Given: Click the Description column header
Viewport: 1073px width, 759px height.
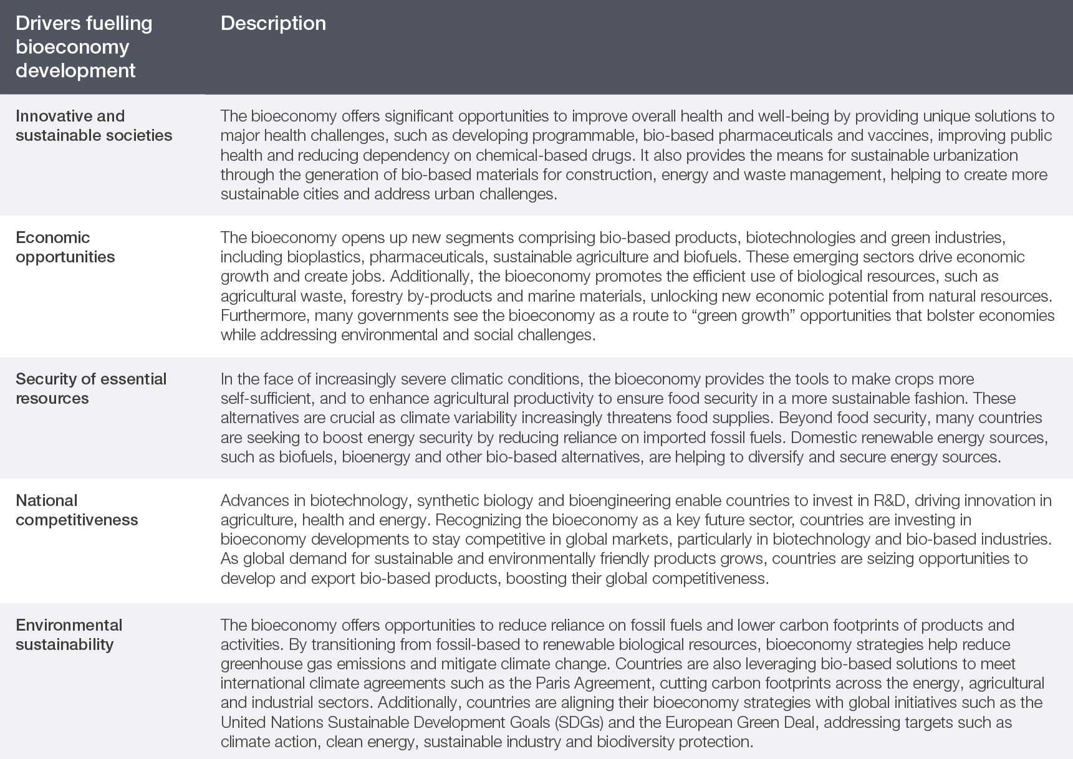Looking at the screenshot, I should [273, 24].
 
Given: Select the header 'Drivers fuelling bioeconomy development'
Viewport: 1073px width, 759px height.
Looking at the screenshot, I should [84, 47].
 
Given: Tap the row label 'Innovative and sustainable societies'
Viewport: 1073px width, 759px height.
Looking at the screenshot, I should [94, 125].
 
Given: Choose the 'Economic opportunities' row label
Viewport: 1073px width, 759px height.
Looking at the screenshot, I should [65, 247].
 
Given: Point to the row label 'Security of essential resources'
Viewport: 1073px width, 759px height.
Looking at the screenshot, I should [90, 388].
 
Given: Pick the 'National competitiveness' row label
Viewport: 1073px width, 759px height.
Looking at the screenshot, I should [76, 510].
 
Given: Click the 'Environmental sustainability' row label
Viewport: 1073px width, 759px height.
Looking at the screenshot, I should [69, 634].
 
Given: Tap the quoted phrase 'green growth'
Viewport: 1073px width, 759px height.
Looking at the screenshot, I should [730, 315].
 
